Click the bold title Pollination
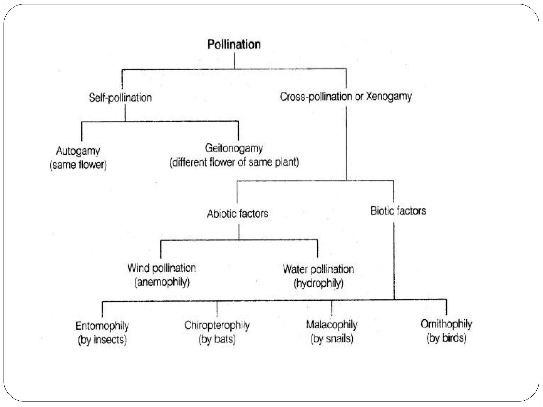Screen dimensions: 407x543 [234, 44]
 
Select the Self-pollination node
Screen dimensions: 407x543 [120, 98]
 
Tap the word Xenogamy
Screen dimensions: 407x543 [389, 96]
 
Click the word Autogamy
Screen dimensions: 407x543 [78, 151]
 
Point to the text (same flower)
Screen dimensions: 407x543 [78, 165]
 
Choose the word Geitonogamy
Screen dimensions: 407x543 [234, 148]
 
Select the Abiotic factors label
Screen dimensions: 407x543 [238, 214]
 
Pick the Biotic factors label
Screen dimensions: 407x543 [398, 211]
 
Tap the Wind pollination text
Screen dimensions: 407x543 [162, 268]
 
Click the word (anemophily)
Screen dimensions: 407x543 [162, 282]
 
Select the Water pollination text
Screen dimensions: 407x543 [318, 269]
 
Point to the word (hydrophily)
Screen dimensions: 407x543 [318, 283]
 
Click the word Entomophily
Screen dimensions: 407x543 [102, 326]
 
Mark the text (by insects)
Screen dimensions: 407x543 [102, 340]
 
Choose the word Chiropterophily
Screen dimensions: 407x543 [217, 325]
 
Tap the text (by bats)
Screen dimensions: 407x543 [217, 339]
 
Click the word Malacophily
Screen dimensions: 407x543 [332, 325]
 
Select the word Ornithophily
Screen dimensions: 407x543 [446, 324]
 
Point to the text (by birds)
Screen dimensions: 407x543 [446, 338]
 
